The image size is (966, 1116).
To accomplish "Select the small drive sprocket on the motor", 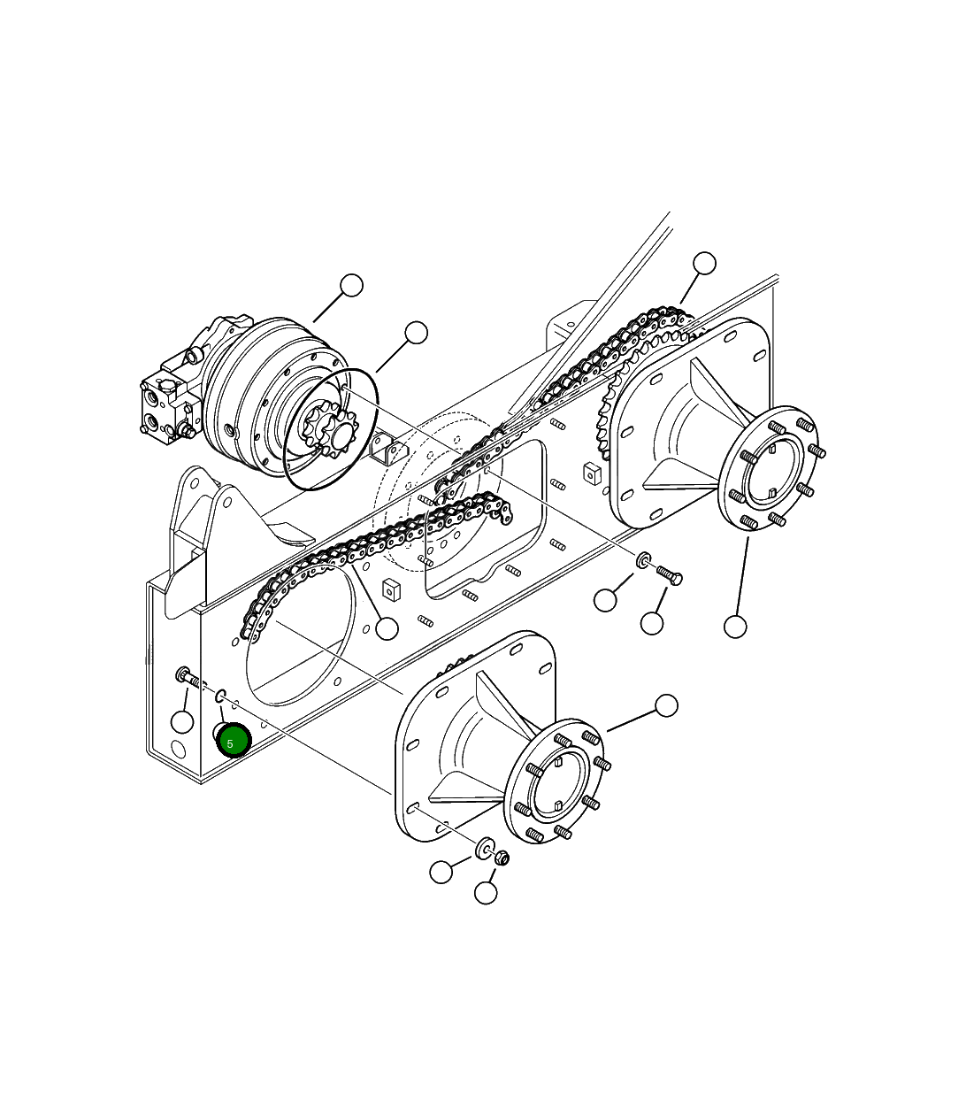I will (x=326, y=433).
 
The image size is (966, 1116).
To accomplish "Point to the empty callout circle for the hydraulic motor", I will (x=352, y=286).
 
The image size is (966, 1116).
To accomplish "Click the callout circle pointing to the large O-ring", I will (x=416, y=333).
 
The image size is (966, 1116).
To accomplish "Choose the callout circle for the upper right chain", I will (x=704, y=263).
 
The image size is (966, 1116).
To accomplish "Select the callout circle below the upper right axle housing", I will (x=735, y=627).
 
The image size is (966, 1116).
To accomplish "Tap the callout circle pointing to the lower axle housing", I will (x=666, y=705).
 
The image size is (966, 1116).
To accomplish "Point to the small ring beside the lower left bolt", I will (x=221, y=695).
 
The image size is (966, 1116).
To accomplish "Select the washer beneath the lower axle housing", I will (x=485, y=849).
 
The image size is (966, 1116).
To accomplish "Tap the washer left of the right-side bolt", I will (x=644, y=559).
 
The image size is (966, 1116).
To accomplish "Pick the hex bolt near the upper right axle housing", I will (x=670, y=575).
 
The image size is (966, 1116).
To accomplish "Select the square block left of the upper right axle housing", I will (x=592, y=471).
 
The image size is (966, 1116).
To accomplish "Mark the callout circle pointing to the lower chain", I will (x=387, y=628).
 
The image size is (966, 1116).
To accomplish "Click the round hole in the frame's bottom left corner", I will (x=178, y=750).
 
